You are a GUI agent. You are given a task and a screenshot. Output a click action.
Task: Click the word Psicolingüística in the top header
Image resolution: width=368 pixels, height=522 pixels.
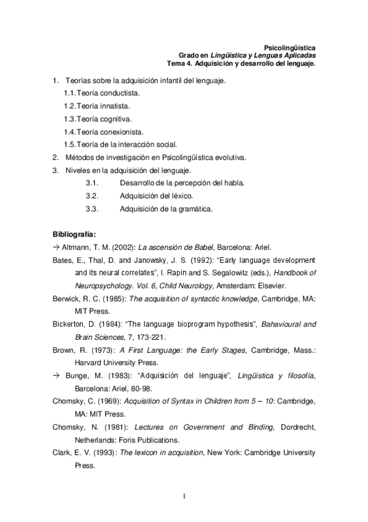(x=289, y=47)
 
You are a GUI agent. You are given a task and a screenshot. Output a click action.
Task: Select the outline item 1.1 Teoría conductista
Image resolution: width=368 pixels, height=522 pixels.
(x=102, y=93)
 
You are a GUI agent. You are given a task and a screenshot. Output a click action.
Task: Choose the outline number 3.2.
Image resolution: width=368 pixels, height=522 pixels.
(x=92, y=196)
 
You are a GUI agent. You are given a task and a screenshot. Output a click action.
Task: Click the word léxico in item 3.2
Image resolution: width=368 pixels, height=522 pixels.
(x=183, y=196)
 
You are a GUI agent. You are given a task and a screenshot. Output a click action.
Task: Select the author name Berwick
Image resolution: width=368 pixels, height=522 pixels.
(x=66, y=298)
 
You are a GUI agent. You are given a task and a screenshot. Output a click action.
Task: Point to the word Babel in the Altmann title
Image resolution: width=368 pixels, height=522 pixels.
(x=194, y=246)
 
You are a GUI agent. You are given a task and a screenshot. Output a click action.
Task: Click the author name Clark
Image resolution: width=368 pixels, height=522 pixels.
(x=62, y=452)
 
